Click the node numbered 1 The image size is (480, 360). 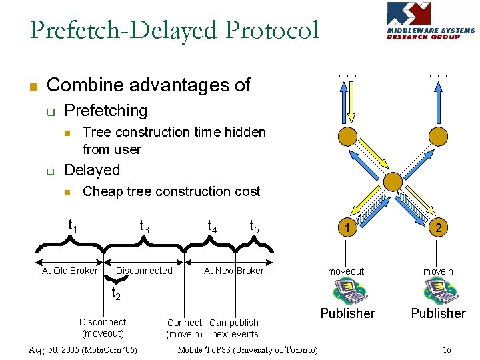[347, 228]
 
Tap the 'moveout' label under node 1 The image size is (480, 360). [346, 271]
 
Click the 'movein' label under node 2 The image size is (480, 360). [438, 271]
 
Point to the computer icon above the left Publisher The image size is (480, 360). [347, 291]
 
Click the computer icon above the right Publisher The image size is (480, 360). [438, 291]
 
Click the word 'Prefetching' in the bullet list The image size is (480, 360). [105, 111]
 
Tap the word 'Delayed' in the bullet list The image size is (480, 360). [92, 170]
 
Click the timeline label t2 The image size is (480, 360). [115, 293]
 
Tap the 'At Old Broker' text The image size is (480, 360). [69, 271]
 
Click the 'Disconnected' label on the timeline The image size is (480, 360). [144, 271]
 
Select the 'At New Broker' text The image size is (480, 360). [233, 271]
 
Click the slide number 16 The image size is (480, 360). [447, 350]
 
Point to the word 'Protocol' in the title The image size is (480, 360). [272, 31]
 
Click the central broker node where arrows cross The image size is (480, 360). [393, 180]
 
